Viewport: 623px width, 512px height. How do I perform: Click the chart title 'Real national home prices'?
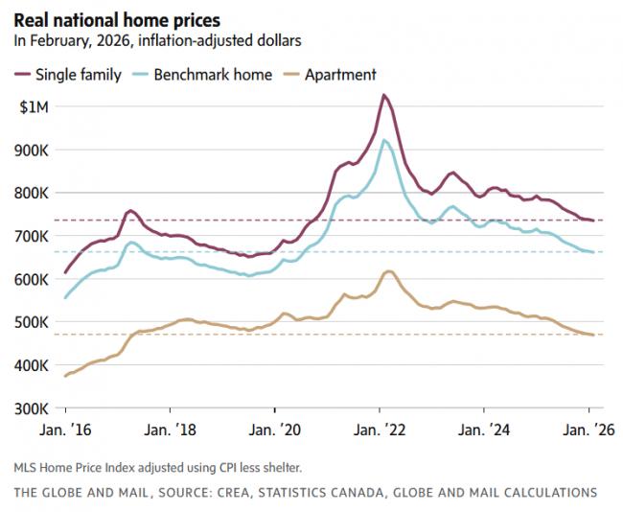(x=116, y=19)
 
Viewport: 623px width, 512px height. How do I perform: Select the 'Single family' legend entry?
(x=78, y=74)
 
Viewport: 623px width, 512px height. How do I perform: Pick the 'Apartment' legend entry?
(x=340, y=74)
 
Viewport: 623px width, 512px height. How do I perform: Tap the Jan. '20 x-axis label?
(x=275, y=431)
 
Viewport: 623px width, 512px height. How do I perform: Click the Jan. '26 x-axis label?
(x=582, y=431)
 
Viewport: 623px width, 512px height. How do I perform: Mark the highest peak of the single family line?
(x=383, y=95)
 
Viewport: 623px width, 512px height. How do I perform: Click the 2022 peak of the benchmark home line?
(x=384, y=140)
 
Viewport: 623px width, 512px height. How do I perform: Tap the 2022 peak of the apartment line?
(x=387, y=271)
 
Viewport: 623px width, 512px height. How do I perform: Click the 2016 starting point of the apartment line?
(x=65, y=376)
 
